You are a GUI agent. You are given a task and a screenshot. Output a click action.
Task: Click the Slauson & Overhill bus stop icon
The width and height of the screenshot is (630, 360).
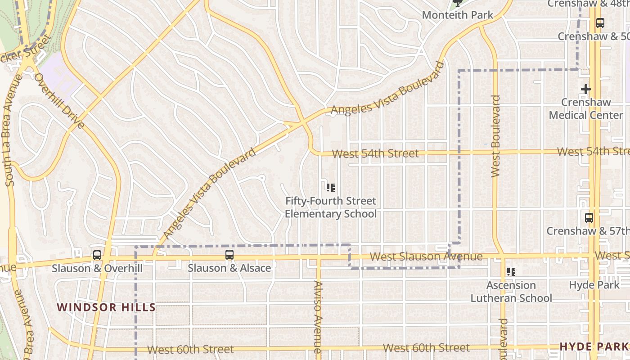click(x=97, y=255)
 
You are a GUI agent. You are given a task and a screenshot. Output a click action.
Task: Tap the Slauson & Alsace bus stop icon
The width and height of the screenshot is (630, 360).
click(x=229, y=255)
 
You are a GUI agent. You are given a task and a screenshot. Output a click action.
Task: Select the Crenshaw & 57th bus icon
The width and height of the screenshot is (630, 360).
click(x=589, y=218)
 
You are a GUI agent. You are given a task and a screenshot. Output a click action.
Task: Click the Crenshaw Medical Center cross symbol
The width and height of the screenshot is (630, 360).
click(x=585, y=89)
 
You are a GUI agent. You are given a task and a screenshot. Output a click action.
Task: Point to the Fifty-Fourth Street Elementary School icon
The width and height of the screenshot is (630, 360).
click(x=331, y=187)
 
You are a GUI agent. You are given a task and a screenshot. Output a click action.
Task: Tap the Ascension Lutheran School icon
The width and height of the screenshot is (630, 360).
click(x=511, y=272)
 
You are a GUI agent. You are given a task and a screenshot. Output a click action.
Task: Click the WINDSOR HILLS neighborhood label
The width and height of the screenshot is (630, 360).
click(x=106, y=308)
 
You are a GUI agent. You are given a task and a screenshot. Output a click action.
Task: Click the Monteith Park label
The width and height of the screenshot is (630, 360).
click(x=458, y=15)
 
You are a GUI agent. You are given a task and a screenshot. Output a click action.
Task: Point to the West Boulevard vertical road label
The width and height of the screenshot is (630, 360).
click(x=496, y=136)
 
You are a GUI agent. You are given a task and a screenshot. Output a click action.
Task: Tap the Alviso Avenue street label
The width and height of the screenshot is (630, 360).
click(x=318, y=317)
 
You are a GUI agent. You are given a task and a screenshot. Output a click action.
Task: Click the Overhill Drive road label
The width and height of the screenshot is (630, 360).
click(x=59, y=101)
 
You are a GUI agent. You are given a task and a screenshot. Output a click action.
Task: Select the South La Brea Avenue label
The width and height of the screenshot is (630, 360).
click(x=13, y=130)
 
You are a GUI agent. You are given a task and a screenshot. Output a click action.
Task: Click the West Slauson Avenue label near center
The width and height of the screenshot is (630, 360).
click(x=426, y=256)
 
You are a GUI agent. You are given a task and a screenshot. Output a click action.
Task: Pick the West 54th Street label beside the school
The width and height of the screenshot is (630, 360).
click(x=375, y=153)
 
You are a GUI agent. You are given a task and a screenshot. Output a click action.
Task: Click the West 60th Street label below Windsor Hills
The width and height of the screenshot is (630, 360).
click(x=190, y=349)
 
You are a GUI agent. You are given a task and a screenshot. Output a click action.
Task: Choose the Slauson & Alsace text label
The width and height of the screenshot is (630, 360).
click(x=229, y=268)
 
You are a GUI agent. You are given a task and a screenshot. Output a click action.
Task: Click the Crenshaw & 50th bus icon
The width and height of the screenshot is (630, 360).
click(x=600, y=22)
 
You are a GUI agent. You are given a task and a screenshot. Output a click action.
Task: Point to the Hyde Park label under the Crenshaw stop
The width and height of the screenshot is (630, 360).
click(x=594, y=285)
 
